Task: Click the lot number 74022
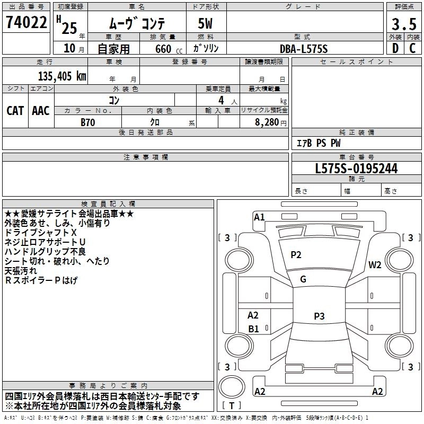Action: pyautogui.click(x=26, y=23)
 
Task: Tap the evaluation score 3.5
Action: pyautogui.click(x=403, y=24)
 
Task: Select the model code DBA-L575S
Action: pyautogui.click(x=304, y=48)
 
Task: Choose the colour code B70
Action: pyautogui.click(x=87, y=121)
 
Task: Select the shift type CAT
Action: pyautogui.click(x=15, y=110)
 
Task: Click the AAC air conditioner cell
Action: pyautogui.click(x=41, y=110)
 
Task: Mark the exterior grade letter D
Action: pyautogui.click(x=395, y=48)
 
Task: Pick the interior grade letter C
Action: pyautogui.click(x=412, y=48)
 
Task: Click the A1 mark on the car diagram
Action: pyautogui.click(x=259, y=217)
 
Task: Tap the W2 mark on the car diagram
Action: pyautogui.click(x=375, y=265)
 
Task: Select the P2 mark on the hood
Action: pyautogui.click(x=296, y=255)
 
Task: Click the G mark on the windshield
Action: pyautogui.click(x=303, y=279)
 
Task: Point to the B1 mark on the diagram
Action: pyautogui.click(x=253, y=329)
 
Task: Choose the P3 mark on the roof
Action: pyautogui.click(x=319, y=316)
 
